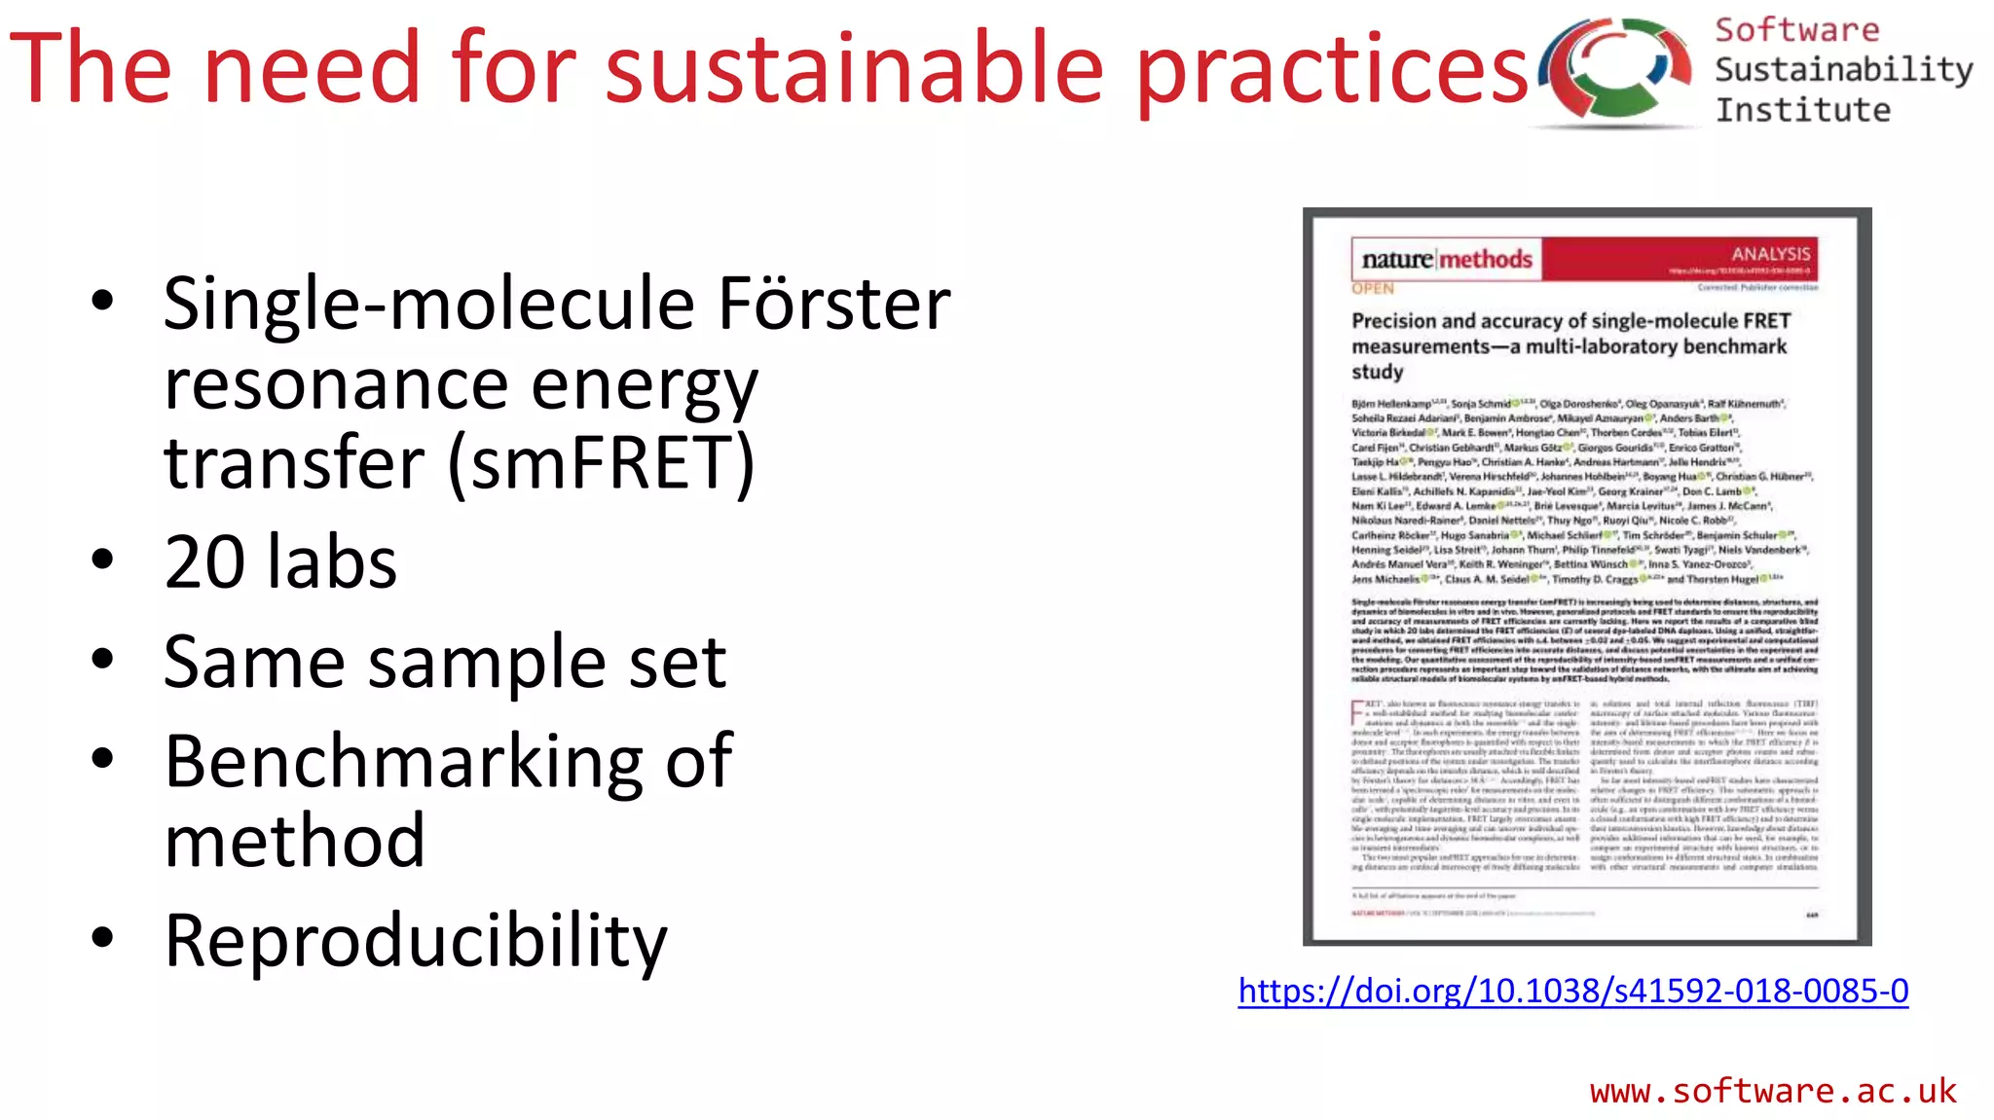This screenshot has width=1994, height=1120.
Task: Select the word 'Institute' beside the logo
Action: pos(1802,110)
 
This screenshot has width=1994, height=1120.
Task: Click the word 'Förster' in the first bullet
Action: pos(833,304)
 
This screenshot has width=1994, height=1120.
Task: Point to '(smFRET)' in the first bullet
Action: pos(602,463)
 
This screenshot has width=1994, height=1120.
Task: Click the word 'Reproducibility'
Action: pos(416,941)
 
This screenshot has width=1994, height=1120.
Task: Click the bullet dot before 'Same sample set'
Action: pos(102,660)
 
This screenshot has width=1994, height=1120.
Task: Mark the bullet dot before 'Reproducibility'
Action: pos(102,938)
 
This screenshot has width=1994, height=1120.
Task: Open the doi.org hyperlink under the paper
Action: pos(1572,991)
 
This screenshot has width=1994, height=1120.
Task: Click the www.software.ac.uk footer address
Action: pos(1772,1091)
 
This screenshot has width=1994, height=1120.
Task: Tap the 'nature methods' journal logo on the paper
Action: pos(1446,260)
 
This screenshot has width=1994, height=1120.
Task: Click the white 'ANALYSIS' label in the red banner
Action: pos(1770,254)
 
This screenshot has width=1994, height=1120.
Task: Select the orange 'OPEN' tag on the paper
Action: pos(1372,289)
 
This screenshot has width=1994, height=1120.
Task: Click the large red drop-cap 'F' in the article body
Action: pos(1357,712)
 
